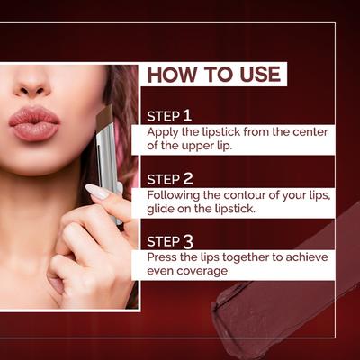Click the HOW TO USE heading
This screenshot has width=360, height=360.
[x=213, y=74]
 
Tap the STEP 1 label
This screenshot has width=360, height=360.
[x=169, y=116]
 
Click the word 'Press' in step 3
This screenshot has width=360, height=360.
[x=163, y=256]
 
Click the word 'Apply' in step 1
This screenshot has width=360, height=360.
[x=163, y=132]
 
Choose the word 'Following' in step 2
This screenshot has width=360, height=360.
[x=175, y=194]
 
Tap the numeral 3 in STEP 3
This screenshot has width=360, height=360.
[x=187, y=240]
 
